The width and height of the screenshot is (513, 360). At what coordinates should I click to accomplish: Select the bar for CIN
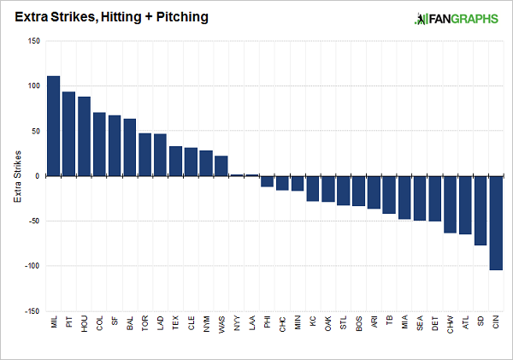click(x=496, y=223)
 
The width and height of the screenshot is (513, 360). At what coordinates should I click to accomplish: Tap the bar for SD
click(x=481, y=211)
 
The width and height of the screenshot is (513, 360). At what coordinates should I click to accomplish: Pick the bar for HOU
click(x=84, y=137)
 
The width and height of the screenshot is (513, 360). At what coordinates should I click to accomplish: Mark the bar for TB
click(x=389, y=195)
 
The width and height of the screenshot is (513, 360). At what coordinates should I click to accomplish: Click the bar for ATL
click(x=465, y=205)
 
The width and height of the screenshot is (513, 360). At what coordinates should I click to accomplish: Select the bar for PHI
click(x=267, y=181)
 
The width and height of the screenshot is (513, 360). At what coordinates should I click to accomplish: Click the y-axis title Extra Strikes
click(x=17, y=176)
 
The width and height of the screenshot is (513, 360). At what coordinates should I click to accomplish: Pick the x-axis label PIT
click(x=69, y=325)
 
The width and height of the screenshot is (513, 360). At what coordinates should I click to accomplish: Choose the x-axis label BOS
click(x=358, y=325)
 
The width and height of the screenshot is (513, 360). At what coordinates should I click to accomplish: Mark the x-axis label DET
click(x=435, y=325)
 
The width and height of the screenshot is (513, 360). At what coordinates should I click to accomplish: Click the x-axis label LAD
click(x=161, y=325)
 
